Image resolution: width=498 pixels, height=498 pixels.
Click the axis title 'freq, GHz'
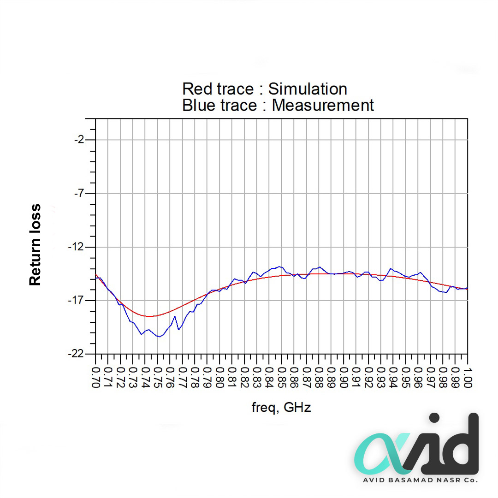[281, 408]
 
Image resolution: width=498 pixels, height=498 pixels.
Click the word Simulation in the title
[308, 89]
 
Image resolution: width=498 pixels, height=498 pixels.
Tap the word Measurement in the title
[323, 105]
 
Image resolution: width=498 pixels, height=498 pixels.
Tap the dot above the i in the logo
[434, 419]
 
